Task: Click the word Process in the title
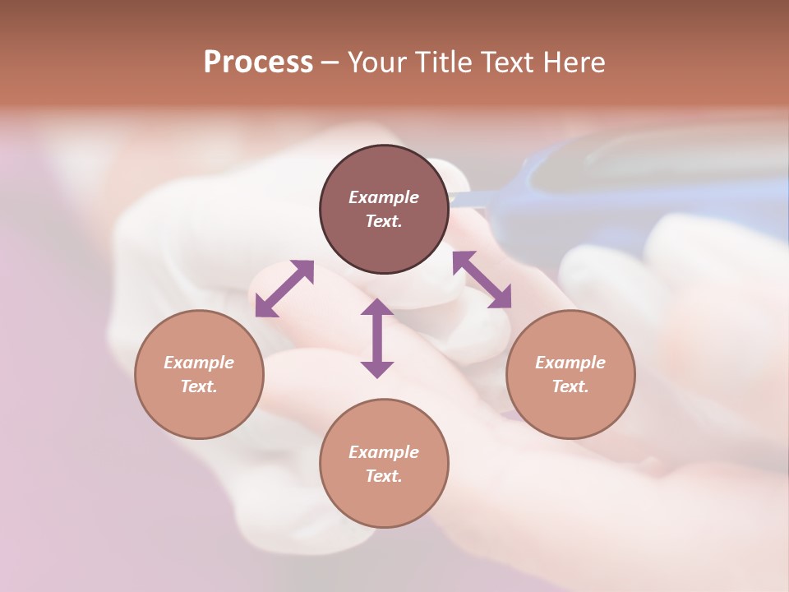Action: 258,62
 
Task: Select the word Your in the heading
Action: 376,62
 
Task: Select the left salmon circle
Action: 199,411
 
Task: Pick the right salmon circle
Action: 570,411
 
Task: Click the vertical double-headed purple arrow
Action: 377,338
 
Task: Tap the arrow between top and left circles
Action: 284,289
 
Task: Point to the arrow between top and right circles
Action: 482,280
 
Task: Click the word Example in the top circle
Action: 384,197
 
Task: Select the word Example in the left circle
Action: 199,363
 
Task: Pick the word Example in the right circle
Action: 570,363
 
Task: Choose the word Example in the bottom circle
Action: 384,452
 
